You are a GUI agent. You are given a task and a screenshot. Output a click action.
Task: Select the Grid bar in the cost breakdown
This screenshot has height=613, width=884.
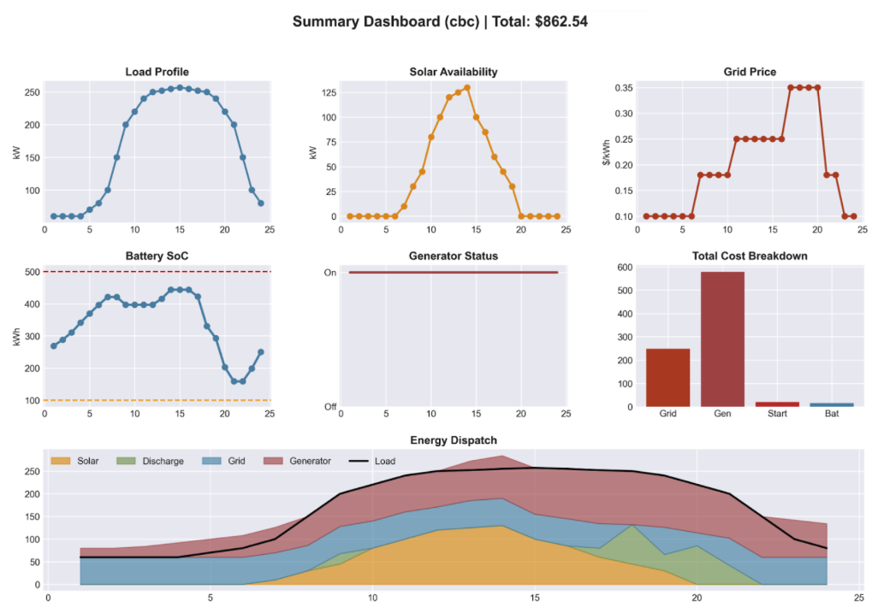(667, 377)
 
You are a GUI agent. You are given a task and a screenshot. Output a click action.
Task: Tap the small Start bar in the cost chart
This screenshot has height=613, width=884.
(778, 404)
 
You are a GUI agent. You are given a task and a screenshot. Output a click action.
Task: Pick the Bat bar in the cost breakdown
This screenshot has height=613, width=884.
(832, 404)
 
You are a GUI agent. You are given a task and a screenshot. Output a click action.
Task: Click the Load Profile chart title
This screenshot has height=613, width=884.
(157, 72)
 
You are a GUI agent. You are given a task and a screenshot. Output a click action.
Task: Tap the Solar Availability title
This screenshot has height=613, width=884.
(453, 72)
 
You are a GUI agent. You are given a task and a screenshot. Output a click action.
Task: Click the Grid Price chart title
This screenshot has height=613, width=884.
(749, 72)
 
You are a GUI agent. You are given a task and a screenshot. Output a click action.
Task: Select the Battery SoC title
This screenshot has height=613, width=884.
(157, 256)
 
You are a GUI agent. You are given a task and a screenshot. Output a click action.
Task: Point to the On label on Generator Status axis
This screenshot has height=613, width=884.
(329, 273)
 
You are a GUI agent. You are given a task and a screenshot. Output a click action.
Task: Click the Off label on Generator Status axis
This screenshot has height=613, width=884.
(329, 406)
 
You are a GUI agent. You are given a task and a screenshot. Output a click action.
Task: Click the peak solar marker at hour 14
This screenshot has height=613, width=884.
(466, 87)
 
